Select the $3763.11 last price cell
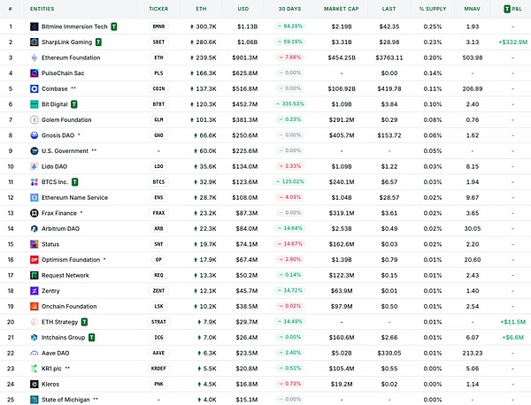(388, 57)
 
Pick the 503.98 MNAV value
(473, 57)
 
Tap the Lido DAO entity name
(57, 166)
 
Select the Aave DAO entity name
(58, 353)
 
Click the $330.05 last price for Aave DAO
(389, 353)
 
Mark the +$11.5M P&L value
(512, 322)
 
